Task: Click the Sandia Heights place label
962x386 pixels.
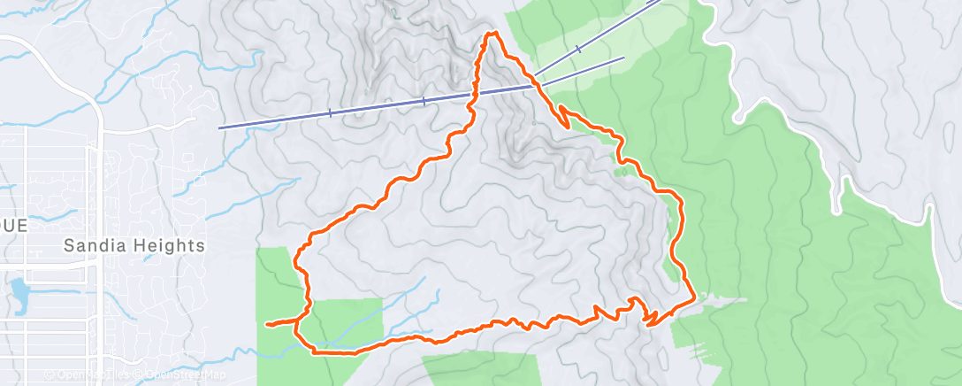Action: [x=135, y=245]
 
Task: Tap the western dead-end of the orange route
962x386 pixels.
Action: [x=266, y=325]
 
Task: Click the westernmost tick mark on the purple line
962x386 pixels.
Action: [x=330, y=112]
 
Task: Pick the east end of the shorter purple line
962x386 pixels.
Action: [x=624, y=58]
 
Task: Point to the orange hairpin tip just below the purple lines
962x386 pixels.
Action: [x=568, y=127]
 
